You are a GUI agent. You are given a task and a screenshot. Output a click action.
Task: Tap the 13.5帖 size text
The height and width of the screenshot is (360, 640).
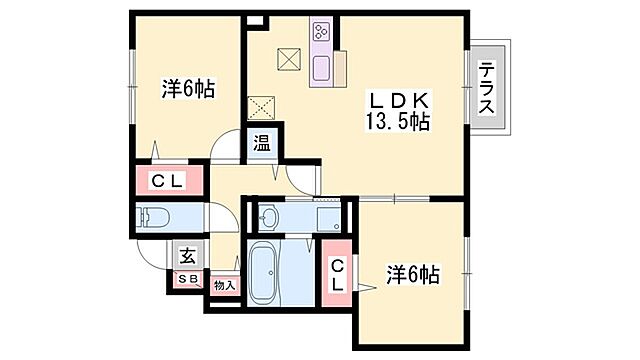[x=399, y=124]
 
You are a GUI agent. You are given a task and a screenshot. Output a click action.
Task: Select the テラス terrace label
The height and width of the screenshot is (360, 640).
[x=487, y=88]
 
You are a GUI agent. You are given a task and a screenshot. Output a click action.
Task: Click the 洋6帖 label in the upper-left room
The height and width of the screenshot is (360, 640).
[x=189, y=88]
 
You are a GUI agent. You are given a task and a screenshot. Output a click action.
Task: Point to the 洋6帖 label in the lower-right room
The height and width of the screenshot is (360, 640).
[x=413, y=272]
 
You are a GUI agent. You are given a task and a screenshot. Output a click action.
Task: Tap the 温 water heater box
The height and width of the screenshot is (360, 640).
[x=262, y=143]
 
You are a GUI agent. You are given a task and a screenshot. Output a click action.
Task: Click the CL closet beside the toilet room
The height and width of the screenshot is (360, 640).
[x=168, y=181]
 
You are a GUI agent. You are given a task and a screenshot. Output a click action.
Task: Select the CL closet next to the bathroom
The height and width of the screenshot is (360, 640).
[x=338, y=272]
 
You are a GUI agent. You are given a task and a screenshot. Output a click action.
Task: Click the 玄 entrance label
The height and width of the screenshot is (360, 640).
[x=187, y=255]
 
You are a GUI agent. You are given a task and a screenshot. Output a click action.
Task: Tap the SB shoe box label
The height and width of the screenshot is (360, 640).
[x=187, y=279]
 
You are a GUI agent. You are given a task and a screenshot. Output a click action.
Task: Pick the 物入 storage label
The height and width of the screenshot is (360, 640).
[x=224, y=286]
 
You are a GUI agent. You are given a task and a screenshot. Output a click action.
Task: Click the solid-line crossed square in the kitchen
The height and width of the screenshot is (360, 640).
[x=289, y=59]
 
